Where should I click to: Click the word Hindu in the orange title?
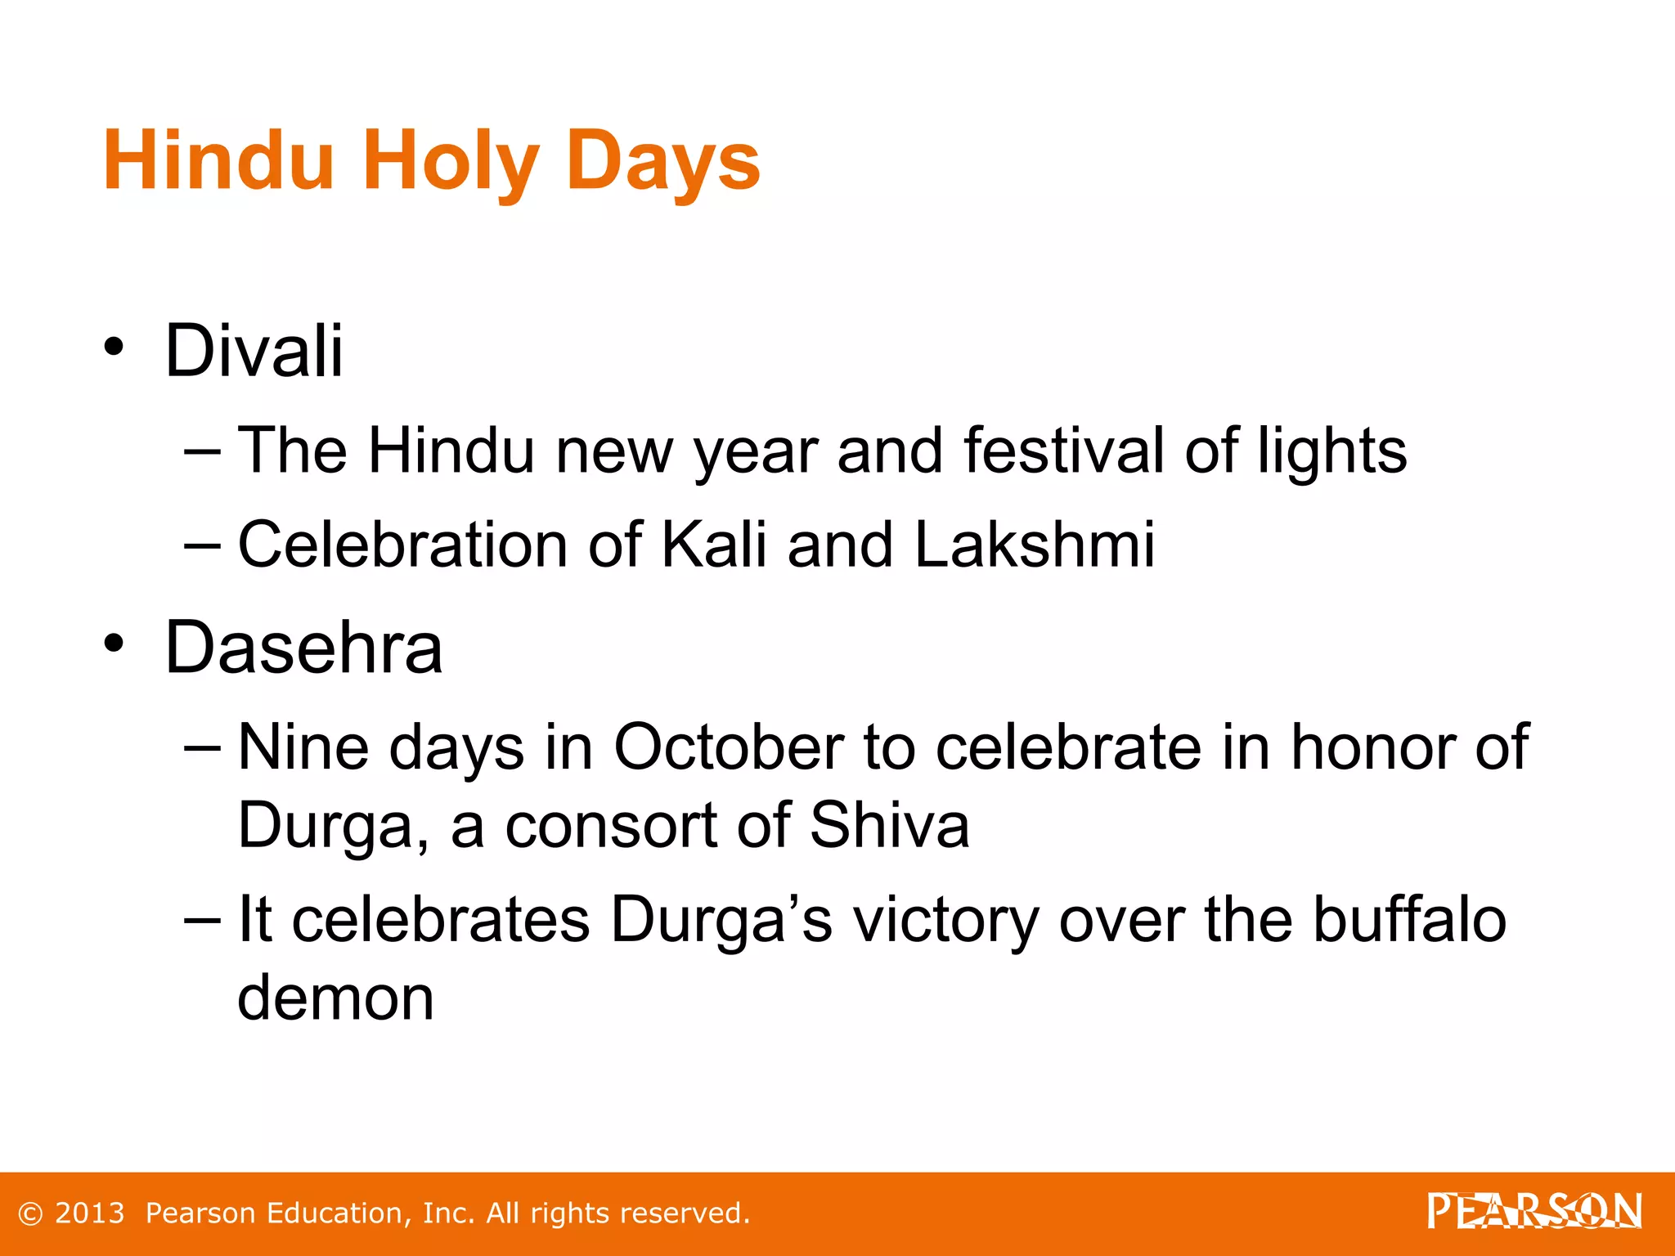(x=218, y=161)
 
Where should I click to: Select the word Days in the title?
(x=662, y=161)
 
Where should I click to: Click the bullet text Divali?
(x=254, y=351)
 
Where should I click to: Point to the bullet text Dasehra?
(x=303, y=648)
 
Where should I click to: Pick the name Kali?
(x=712, y=544)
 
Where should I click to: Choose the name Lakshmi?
(x=1034, y=544)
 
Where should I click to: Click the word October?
(x=728, y=747)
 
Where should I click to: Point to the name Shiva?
(x=889, y=824)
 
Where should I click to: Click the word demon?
(x=335, y=998)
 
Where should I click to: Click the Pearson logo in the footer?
(x=1534, y=1211)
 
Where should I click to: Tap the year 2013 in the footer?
(x=89, y=1213)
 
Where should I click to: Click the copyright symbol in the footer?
(x=30, y=1213)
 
